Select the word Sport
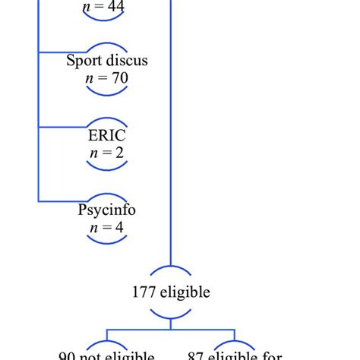click(84, 61)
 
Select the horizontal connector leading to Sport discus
click(61, 52)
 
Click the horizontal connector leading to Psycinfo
click(61, 201)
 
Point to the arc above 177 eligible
click(170, 272)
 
